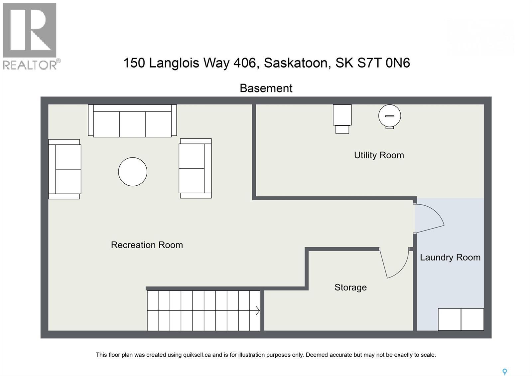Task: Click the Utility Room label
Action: click(379, 155)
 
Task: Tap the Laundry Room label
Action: click(450, 257)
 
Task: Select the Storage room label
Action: click(350, 287)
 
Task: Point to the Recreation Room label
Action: click(147, 245)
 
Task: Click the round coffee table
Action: click(133, 172)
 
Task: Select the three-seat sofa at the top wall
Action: click(132, 121)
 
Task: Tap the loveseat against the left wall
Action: click(65, 169)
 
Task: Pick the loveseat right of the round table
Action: click(195, 168)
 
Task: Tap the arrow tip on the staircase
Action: click(258, 311)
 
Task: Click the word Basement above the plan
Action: click(266, 88)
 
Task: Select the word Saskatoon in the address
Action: click(297, 63)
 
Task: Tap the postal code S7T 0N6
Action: click(383, 63)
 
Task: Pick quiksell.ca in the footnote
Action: click(197, 355)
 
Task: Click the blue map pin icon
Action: click(504, 372)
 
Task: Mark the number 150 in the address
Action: click(134, 63)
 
